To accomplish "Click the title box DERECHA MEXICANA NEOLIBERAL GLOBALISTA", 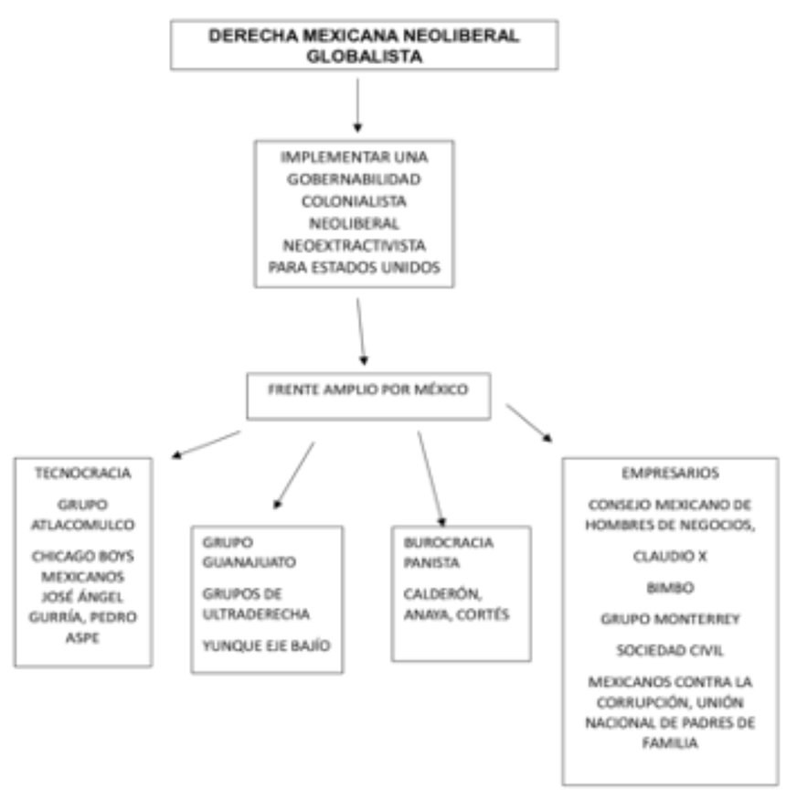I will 364,45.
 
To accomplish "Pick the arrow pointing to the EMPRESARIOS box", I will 528,421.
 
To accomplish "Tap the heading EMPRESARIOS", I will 671,474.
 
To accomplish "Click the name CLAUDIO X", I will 670,555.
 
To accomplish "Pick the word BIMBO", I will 670,588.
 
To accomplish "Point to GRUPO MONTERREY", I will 670,619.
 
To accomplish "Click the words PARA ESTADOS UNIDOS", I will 353,266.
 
